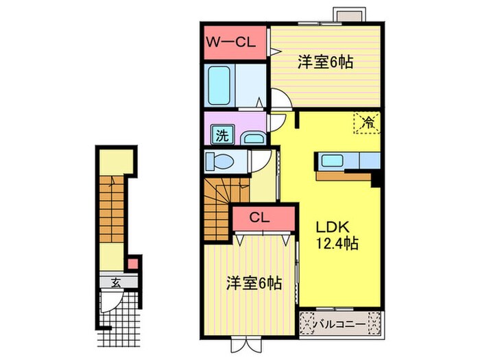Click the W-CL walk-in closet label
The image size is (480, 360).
(233, 42)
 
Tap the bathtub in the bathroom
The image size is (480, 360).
(221, 84)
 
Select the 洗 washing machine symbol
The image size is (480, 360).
(222, 134)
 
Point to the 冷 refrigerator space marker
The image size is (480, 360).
(368, 123)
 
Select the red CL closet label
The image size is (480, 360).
(259, 219)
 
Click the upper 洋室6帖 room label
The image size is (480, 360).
(325, 62)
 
